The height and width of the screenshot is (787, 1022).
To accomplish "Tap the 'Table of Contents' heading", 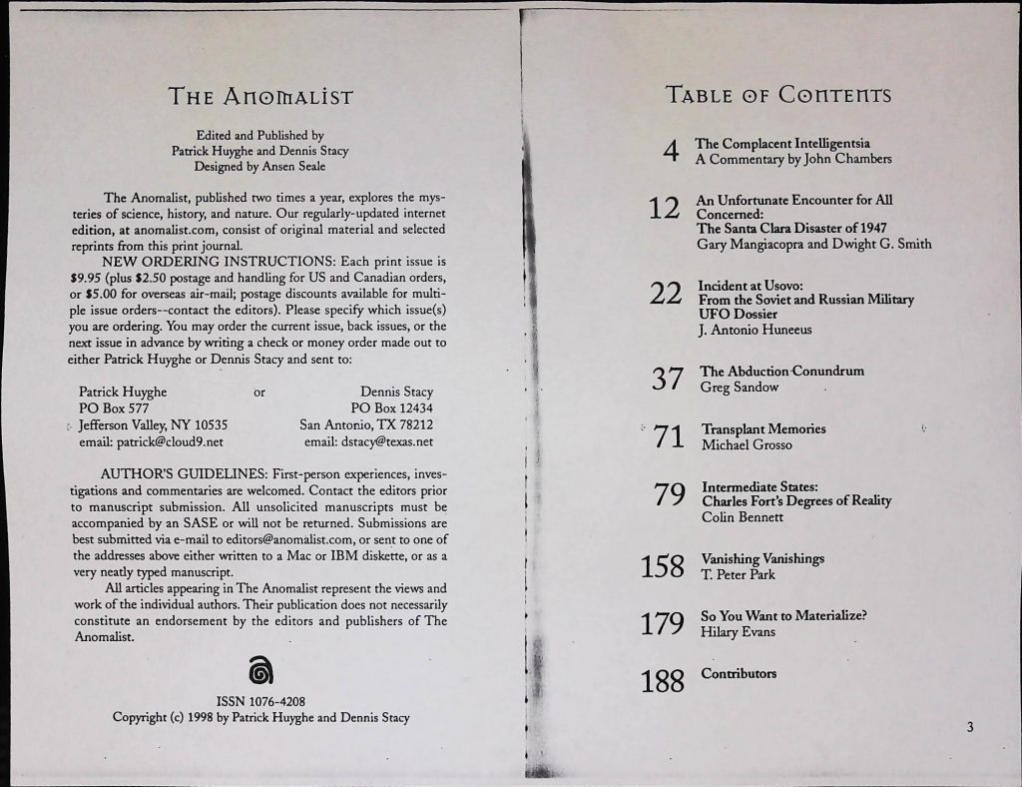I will coord(777,96).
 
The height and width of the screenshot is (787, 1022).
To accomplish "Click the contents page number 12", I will coord(664,209).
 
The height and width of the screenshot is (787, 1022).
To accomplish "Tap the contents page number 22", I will coord(665,295).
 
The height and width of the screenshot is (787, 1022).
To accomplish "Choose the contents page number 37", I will coord(665,379).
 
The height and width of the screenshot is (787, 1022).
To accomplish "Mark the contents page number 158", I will coord(663,567).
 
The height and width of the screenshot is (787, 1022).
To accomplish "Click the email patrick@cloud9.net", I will coord(151,440).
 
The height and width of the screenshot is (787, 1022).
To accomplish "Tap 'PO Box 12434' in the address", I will coord(392,407).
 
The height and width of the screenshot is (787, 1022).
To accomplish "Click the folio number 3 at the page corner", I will coord(968,726).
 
